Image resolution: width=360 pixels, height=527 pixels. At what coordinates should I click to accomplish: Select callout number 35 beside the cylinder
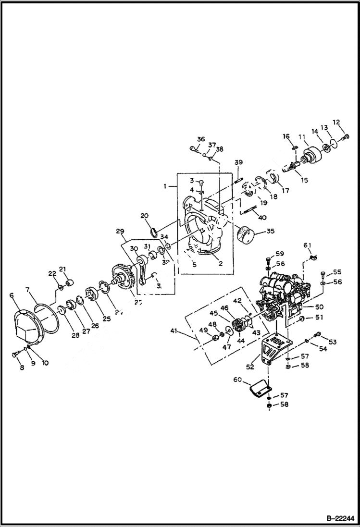click(x=270, y=231)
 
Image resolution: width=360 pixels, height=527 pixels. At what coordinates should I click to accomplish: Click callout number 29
click(x=120, y=231)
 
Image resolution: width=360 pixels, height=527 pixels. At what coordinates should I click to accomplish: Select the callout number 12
click(x=336, y=122)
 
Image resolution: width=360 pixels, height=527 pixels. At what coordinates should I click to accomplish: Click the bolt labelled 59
click(x=268, y=262)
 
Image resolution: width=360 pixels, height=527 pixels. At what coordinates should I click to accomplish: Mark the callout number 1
click(x=166, y=185)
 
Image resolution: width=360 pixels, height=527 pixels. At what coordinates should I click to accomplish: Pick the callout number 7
click(x=28, y=290)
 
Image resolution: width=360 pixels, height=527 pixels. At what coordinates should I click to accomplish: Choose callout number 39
click(x=238, y=162)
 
